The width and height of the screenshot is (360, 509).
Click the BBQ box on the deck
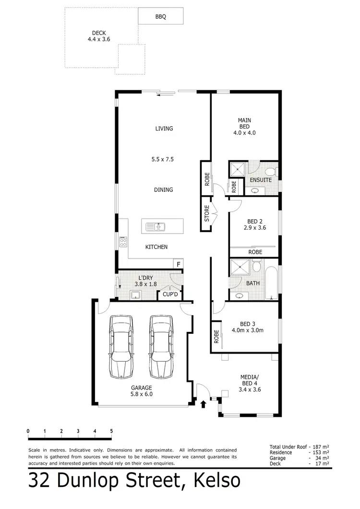click(160, 16)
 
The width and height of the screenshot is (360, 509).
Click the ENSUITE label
click(261, 180)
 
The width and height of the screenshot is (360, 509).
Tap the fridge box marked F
click(178, 264)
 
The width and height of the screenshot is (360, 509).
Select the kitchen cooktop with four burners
click(123, 241)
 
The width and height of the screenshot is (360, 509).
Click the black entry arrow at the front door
click(203, 404)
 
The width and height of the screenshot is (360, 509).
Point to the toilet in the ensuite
click(270, 172)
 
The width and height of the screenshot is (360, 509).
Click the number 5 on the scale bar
click(111, 430)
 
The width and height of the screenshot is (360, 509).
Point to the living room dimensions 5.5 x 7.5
click(164, 158)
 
